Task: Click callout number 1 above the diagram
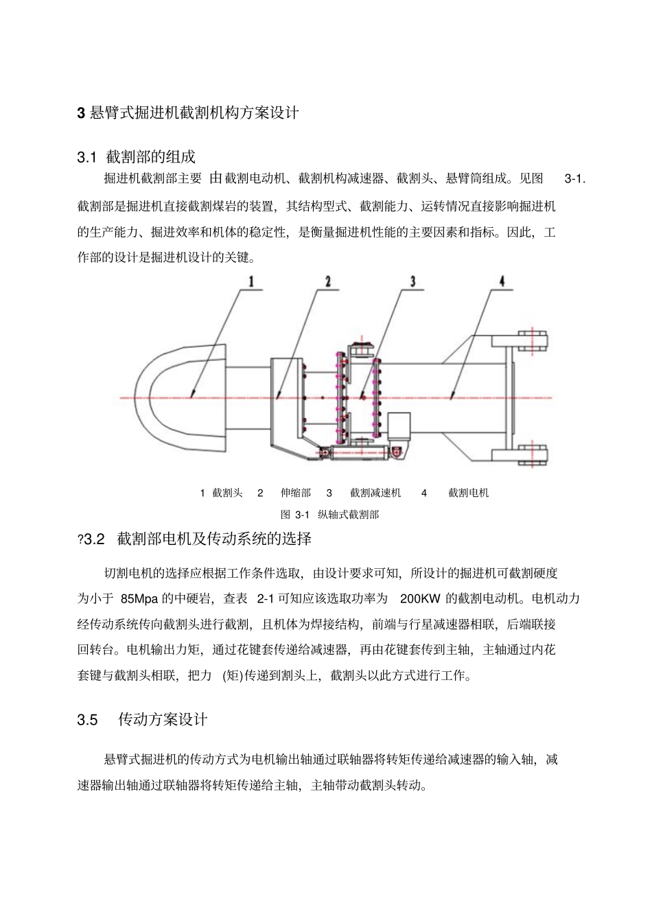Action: (x=252, y=281)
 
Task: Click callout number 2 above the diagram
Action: (x=327, y=281)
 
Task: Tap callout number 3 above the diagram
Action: (x=412, y=281)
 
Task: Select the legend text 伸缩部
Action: (x=296, y=493)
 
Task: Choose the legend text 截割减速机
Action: (x=375, y=493)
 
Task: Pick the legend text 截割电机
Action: (x=469, y=493)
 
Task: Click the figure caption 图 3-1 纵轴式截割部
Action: (x=329, y=515)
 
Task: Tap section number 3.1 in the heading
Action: (x=86, y=158)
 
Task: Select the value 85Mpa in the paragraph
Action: (x=139, y=598)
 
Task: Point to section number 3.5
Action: (x=87, y=720)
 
